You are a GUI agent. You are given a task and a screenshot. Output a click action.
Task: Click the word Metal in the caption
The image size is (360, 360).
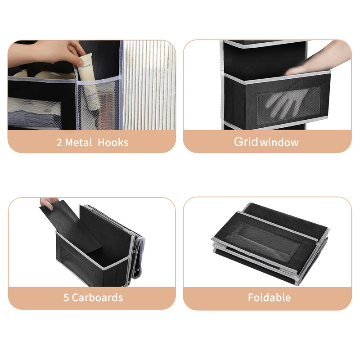coord(78,143)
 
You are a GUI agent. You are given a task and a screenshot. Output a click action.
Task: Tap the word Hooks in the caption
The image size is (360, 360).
coord(113,143)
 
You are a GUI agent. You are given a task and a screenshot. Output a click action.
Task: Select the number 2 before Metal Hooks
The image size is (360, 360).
coord(59,143)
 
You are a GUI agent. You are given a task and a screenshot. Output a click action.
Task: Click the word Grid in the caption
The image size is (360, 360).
coord(246,142)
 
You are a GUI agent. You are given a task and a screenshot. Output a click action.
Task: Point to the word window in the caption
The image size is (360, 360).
coord(279,143)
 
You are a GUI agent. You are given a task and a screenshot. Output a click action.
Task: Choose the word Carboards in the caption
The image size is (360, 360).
coord(97,297)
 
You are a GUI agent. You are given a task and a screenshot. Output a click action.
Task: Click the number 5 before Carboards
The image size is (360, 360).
coord(66,298)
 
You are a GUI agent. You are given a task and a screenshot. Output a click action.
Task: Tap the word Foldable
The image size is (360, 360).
coord(269,297)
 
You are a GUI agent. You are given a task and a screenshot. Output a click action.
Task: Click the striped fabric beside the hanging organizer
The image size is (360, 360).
coord(149,85)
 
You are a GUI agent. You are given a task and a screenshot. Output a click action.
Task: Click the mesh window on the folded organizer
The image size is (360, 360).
coord(264,240)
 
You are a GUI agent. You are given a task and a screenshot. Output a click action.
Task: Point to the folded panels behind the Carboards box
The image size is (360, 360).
coord(135,241)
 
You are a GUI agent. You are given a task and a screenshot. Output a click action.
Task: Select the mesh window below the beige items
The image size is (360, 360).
coord(35,113)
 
